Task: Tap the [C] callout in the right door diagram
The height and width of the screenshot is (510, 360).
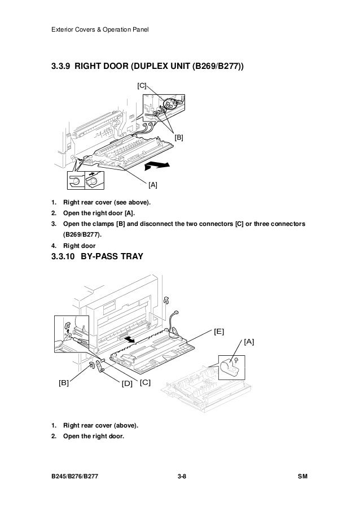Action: click(142, 85)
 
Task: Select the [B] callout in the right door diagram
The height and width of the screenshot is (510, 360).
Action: click(179, 137)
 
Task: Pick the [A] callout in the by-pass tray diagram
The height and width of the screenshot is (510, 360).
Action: click(249, 342)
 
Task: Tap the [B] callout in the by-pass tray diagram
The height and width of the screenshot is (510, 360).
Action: click(64, 382)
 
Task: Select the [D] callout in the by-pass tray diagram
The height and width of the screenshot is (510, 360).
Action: click(127, 383)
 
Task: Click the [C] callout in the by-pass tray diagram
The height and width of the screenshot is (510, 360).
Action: click(145, 382)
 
